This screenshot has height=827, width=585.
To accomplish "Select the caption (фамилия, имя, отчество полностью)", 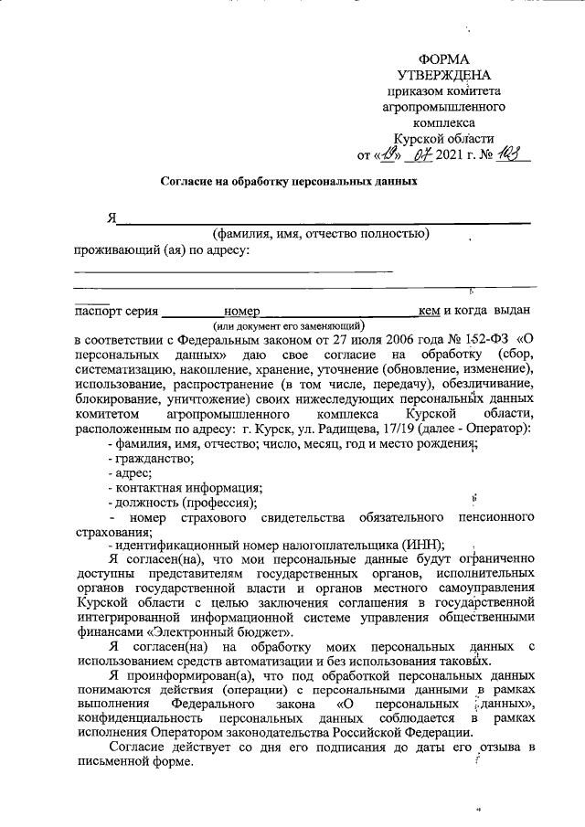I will [x=321, y=233].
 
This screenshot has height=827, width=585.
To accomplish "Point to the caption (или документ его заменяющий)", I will [x=289, y=324].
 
